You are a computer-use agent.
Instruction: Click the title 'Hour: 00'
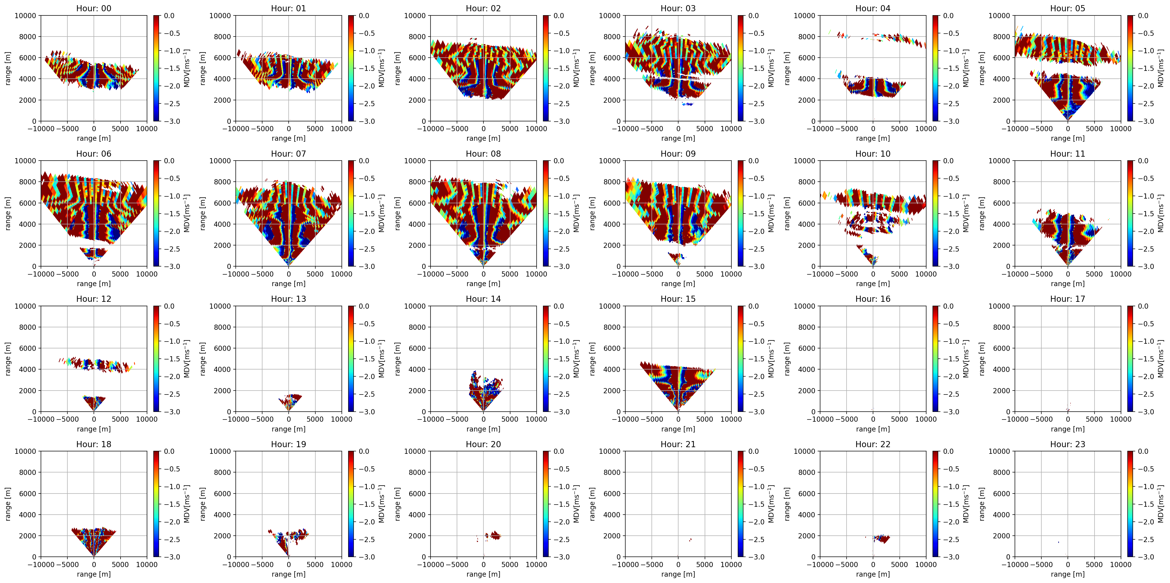[94, 8]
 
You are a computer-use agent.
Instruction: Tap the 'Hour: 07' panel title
[288, 153]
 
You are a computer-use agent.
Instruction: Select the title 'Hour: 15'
[678, 299]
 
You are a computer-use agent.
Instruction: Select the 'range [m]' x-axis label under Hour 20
[483, 574]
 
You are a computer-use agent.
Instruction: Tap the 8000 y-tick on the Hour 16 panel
[807, 327]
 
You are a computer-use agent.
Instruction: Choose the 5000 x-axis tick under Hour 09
[704, 274]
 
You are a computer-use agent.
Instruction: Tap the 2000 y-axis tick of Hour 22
[807, 536]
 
